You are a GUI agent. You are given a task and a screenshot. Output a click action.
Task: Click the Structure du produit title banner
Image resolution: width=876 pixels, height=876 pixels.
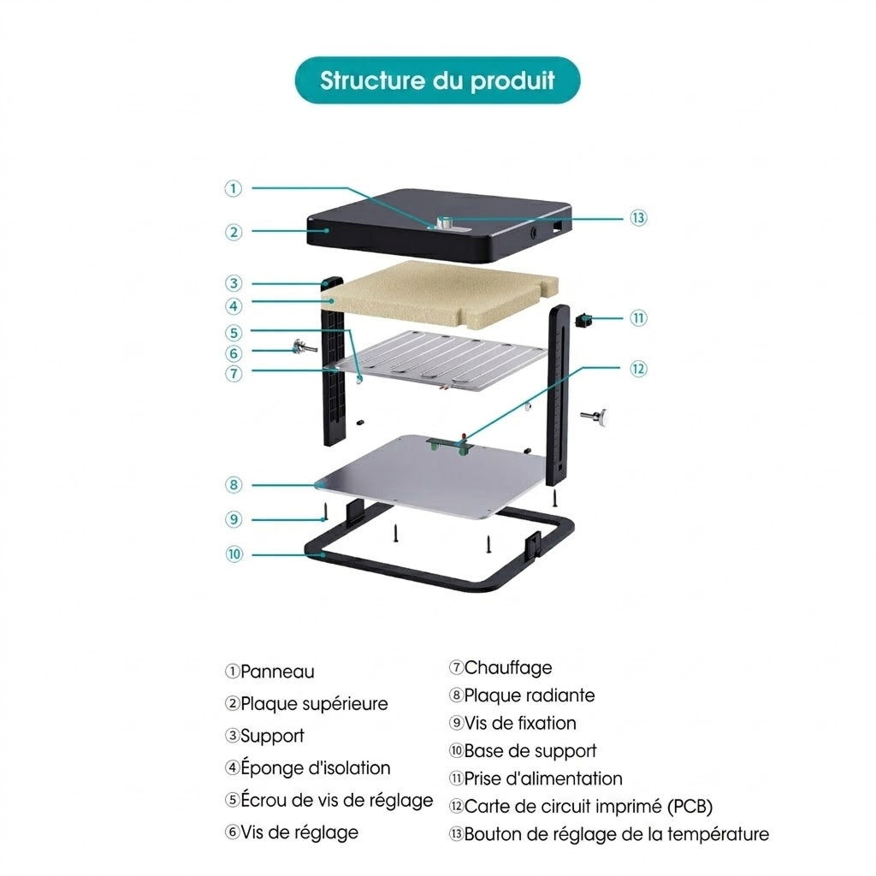[x=437, y=80]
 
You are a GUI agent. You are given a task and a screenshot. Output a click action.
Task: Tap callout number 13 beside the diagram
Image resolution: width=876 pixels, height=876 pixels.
[x=638, y=218]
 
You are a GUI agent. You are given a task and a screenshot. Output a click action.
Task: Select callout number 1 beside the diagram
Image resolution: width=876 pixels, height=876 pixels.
[x=233, y=188]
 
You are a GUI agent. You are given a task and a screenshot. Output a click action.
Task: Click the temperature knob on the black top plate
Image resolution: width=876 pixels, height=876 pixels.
[x=445, y=222]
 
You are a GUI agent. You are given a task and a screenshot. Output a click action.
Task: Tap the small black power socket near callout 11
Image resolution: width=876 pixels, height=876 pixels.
[x=583, y=321]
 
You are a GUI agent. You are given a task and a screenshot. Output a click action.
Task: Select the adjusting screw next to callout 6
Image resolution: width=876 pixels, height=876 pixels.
[x=305, y=348]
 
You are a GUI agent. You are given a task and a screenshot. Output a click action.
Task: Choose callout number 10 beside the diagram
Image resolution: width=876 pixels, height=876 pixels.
[x=234, y=554]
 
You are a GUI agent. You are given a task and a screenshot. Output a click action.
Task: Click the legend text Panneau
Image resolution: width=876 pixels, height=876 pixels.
[x=277, y=672]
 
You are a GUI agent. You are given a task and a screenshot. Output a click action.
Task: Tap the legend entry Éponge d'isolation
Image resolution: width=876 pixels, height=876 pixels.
[x=315, y=767]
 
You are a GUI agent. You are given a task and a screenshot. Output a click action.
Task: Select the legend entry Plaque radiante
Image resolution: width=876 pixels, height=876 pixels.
[x=529, y=695]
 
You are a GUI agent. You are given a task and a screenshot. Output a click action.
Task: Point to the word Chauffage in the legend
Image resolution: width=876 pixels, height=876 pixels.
[x=508, y=667]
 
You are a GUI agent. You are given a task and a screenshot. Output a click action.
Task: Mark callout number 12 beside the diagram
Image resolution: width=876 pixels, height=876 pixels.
[x=638, y=369]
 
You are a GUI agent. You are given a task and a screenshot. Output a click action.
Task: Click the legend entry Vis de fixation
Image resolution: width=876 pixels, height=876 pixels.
[x=520, y=724]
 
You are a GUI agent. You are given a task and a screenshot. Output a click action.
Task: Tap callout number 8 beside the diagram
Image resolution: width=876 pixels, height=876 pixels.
[x=234, y=485]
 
